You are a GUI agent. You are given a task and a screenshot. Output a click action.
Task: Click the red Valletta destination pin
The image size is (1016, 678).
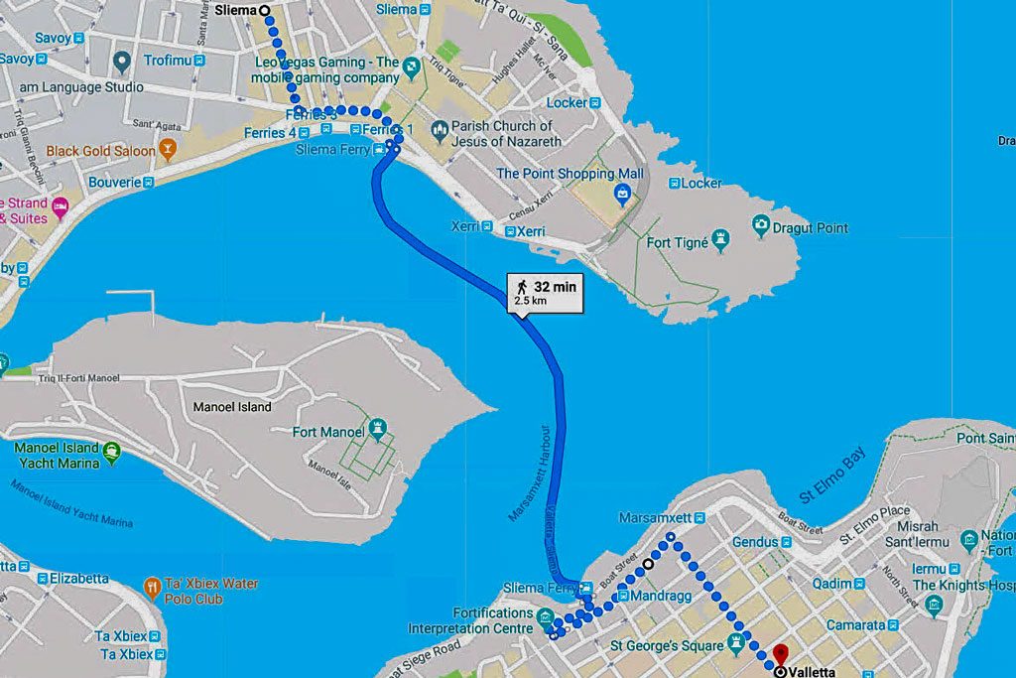(780, 655)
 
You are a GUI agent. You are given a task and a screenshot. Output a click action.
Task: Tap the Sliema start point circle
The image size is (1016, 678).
(264, 10)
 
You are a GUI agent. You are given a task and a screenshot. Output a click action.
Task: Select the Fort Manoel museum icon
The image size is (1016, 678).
(377, 429)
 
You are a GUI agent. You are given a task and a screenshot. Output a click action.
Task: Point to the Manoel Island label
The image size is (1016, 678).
(232, 407)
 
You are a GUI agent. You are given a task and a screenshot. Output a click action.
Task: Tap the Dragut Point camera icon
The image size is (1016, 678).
(761, 226)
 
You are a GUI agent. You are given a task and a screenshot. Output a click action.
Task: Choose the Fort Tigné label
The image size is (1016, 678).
(678, 242)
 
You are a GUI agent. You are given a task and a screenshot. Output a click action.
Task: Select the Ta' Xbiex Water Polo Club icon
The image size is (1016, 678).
(152, 587)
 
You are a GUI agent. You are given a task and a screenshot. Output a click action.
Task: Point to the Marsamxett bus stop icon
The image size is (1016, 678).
(699, 518)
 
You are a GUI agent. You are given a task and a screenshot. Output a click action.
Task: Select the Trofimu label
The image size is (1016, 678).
(167, 61)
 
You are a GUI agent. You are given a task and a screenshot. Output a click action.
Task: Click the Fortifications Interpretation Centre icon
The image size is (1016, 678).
(545, 620)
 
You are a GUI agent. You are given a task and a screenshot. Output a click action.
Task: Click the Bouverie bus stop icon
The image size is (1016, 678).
(148, 182)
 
